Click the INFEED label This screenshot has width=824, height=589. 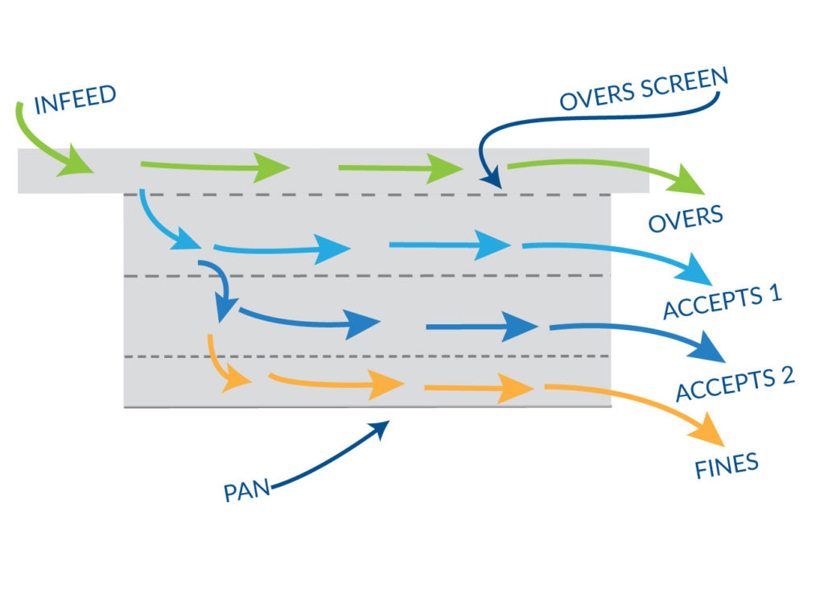[75, 99]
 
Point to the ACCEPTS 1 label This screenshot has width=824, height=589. [722, 303]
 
